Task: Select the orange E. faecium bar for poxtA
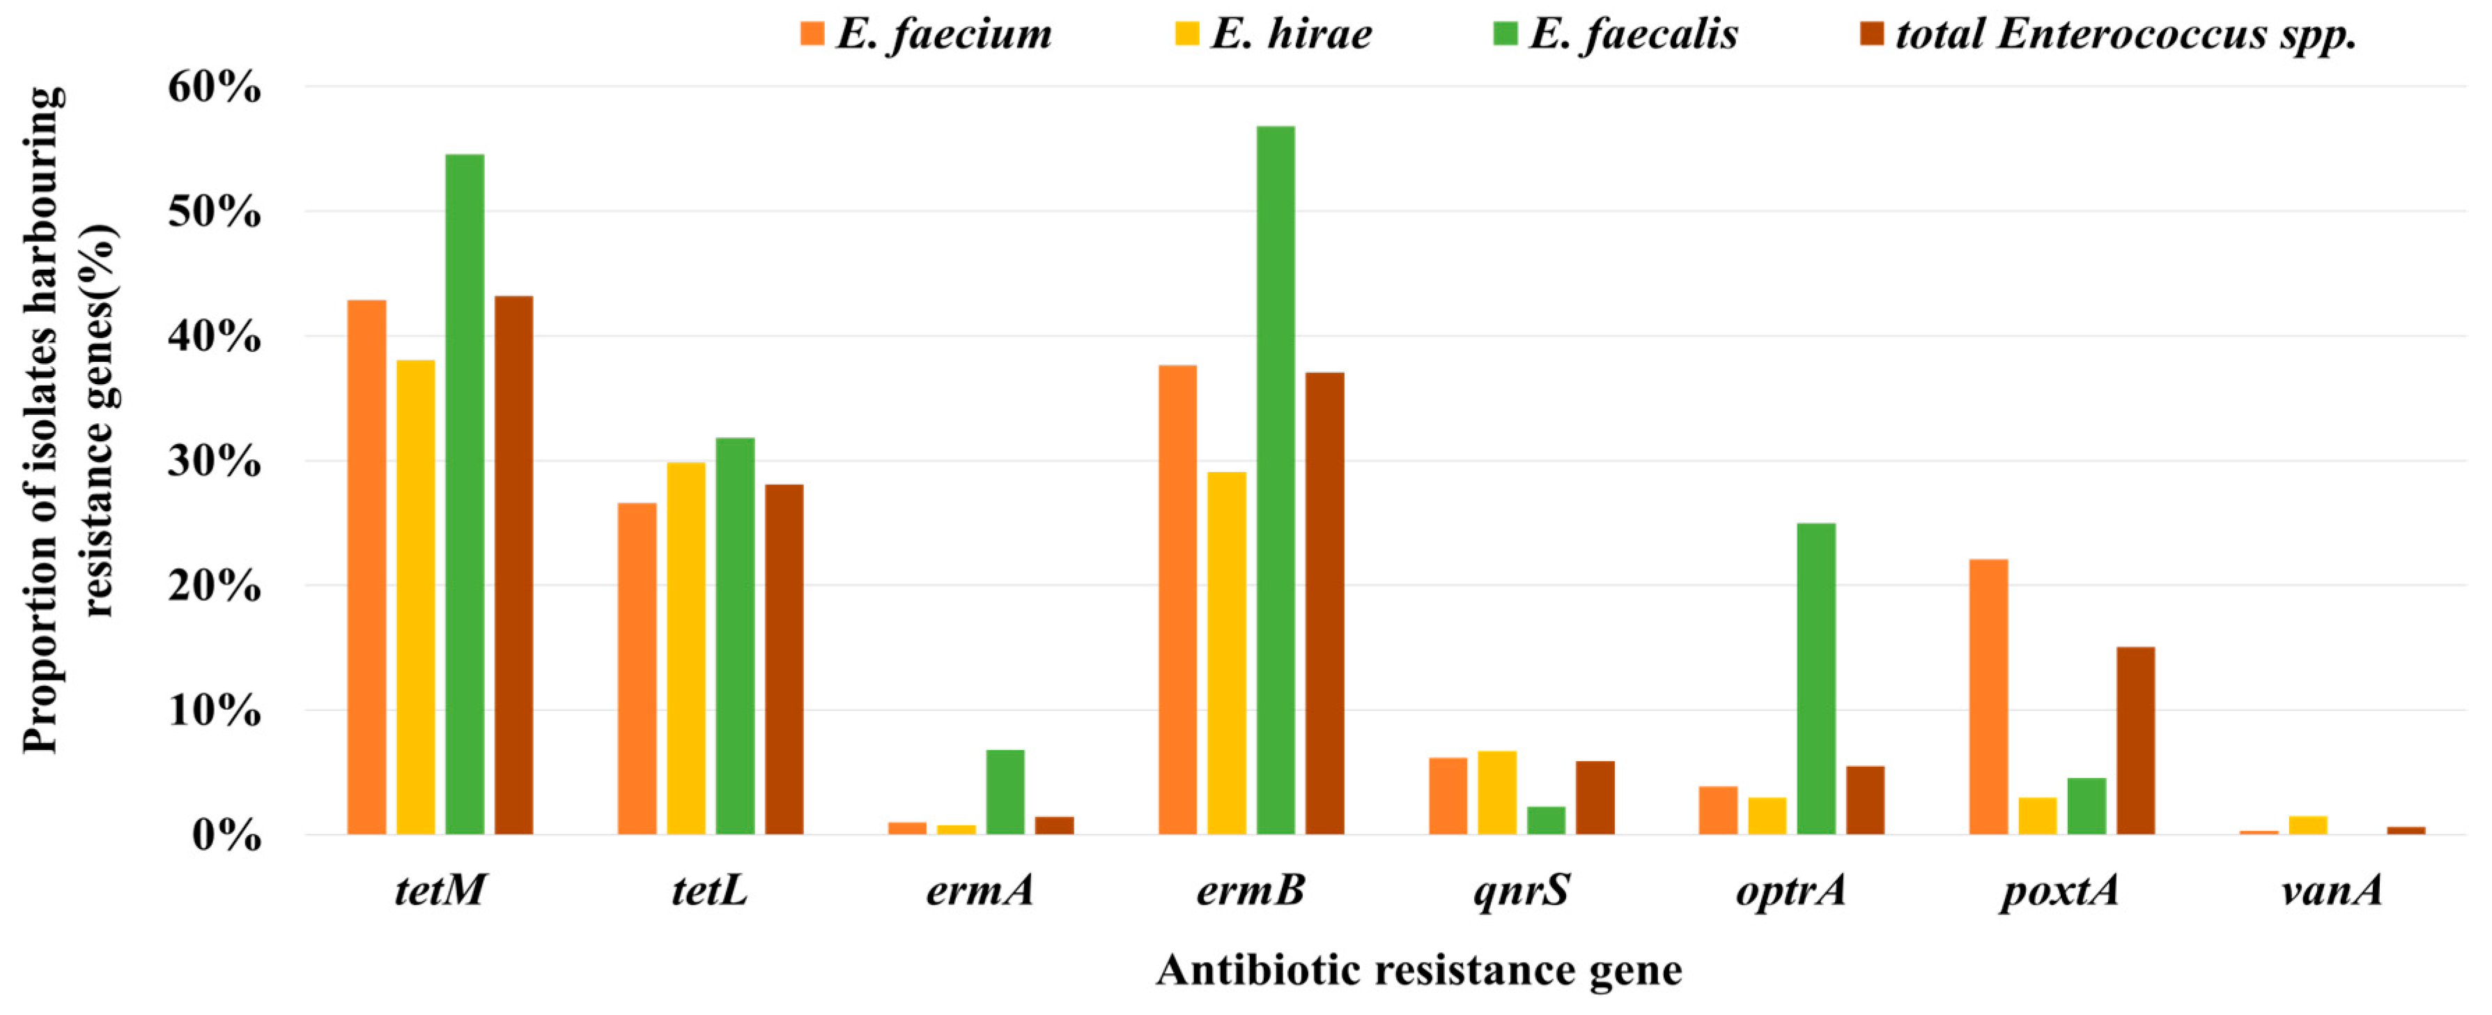click(x=1988, y=696)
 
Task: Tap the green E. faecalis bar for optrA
click(x=1816, y=678)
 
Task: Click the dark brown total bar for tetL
click(x=784, y=659)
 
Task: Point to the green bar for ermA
click(x=1005, y=791)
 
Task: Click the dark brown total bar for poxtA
click(x=2135, y=740)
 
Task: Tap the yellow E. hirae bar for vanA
click(x=2307, y=825)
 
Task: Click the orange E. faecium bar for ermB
click(x=1177, y=600)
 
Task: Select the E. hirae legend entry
click(x=1274, y=35)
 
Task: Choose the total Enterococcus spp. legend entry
click(x=2109, y=35)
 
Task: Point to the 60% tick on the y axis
click(x=214, y=87)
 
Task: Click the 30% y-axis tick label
click(x=214, y=461)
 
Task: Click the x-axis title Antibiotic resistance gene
click(x=1418, y=970)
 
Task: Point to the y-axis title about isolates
click(x=68, y=421)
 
